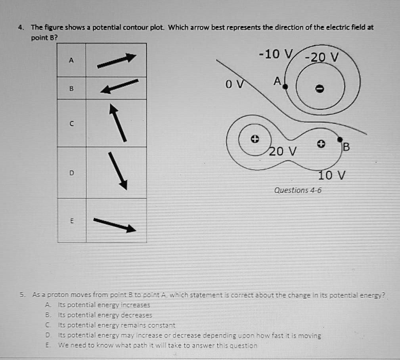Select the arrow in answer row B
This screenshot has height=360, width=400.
[119, 86]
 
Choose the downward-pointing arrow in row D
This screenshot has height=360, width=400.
[118, 171]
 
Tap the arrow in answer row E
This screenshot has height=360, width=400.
[115, 225]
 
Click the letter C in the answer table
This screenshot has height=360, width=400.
[71, 124]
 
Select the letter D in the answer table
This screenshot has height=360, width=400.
[71, 173]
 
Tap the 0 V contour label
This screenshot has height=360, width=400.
[233, 84]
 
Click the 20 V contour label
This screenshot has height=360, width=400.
[283, 151]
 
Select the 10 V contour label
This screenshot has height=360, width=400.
[331, 175]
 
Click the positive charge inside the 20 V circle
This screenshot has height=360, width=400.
[255, 139]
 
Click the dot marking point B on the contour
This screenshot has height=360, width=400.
[340, 139]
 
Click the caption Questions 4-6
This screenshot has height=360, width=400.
[298, 190]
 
